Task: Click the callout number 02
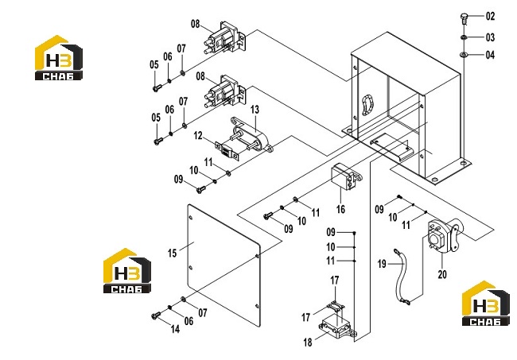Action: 490,16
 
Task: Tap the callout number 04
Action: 490,55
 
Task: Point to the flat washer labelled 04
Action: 465,54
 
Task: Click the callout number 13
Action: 255,110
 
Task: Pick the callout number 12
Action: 198,135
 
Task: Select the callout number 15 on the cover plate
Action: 172,253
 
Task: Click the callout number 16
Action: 340,209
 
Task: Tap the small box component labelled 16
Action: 346,177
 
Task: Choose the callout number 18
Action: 308,343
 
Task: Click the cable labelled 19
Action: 401,277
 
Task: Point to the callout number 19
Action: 382,264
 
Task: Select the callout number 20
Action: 442,274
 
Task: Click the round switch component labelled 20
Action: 444,235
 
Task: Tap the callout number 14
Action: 175,328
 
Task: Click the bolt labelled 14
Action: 156,315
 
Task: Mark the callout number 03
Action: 490,37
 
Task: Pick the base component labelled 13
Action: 251,136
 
